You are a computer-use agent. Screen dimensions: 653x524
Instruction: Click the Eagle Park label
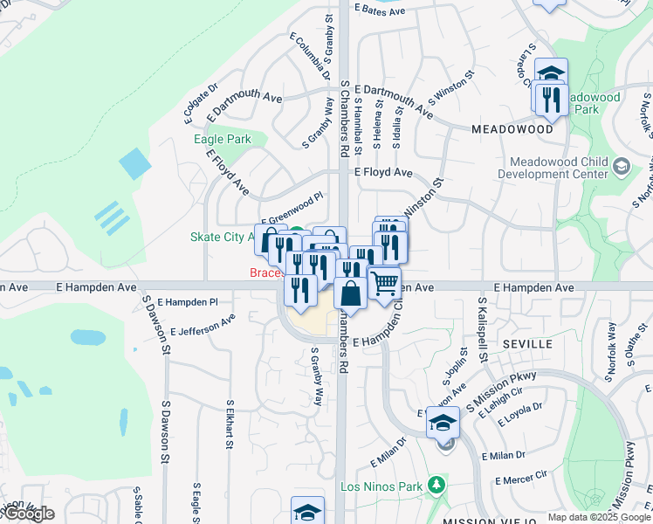[222, 139]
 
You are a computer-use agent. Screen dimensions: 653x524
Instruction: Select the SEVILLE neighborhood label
[526, 344]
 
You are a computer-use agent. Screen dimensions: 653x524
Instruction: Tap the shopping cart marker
[384, 283]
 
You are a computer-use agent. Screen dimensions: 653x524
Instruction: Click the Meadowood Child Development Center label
[559, 168]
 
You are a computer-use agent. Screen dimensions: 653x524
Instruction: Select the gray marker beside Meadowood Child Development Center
[622, 166]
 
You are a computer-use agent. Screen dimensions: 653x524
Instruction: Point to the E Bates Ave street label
[380, 11]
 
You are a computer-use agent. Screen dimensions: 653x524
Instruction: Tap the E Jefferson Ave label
[203, 326]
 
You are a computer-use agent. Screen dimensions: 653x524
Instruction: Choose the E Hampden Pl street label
[188, 301]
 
